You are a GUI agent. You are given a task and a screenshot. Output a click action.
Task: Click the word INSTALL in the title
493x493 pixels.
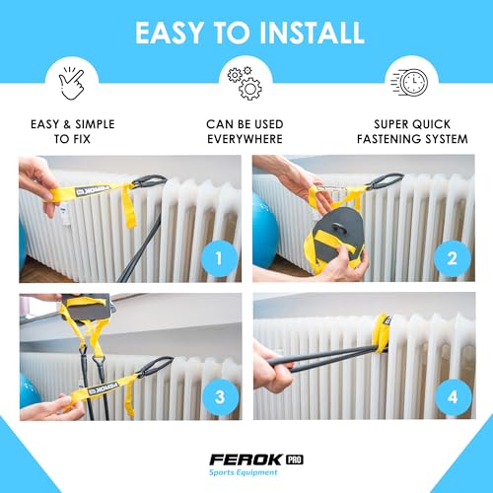coord(312,33)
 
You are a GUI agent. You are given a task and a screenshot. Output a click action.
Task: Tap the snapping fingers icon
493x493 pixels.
coord(72,84)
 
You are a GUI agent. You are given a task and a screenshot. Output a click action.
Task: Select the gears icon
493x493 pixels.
coord(245,84)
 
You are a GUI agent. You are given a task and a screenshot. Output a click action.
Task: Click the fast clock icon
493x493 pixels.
coord(409,82)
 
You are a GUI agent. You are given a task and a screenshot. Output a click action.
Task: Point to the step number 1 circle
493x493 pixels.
coord(219,258)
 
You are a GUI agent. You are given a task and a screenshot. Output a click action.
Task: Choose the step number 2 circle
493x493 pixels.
coord(453,258)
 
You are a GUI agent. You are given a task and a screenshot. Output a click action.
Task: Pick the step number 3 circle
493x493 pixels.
coord(220,397)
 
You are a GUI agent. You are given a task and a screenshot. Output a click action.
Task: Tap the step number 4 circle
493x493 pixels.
coord(453,397)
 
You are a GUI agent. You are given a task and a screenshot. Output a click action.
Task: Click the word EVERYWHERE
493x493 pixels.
coord(245,139)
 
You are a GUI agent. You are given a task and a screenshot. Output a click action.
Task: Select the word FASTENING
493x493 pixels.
coord(384,139)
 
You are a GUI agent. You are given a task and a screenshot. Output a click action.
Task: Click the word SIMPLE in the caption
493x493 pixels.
coord(95,124)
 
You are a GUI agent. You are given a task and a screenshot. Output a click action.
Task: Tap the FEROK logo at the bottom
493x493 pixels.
coord(246,459)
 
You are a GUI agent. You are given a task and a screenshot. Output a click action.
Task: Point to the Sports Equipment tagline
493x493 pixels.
coord(244,472)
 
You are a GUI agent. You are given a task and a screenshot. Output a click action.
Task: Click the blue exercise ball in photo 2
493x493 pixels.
coord(264,230)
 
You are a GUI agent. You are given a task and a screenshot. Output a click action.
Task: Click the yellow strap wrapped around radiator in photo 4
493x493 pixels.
coord(383,332)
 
